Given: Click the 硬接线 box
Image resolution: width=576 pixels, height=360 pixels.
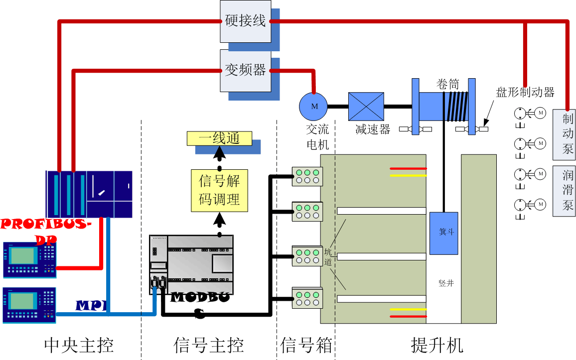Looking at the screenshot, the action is pos(245,21).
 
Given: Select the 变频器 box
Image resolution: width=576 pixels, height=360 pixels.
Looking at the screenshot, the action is pos(245,71).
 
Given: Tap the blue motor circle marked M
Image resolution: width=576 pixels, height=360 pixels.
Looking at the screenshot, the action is pos(313,107).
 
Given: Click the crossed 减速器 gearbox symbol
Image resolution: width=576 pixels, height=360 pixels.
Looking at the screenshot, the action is pos(366,107).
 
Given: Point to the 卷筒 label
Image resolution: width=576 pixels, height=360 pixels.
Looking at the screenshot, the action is pos(447,84).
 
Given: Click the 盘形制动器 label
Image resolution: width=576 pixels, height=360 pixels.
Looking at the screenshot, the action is pos(525,92).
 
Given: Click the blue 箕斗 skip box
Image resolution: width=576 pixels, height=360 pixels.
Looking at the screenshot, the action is pos(444,234).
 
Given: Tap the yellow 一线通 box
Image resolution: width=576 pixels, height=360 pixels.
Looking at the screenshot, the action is pos(219,138).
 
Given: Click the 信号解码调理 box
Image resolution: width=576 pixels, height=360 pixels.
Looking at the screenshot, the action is pos(219,191).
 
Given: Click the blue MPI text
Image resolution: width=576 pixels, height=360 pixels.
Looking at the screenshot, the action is pos(92,305).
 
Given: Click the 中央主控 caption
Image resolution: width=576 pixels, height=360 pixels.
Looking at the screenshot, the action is pos(79,346).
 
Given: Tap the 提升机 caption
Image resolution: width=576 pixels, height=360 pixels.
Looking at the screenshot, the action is pos(437,346).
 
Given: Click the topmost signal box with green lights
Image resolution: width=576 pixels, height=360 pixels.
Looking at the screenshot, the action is pos(307,176).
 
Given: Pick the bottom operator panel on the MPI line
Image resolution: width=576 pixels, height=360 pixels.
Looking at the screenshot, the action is pos(29,305).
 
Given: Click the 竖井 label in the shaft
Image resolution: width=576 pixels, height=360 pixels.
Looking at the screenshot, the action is pos(446,283).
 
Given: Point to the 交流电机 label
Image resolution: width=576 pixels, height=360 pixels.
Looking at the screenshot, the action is pos(317,136).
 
